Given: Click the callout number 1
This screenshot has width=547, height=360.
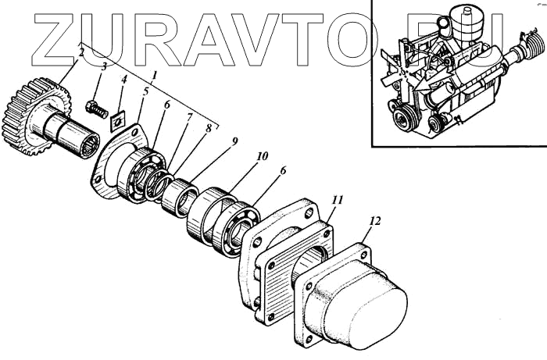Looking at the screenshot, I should pos(154,76).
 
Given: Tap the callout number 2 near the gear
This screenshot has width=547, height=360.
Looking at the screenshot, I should pos(81,53).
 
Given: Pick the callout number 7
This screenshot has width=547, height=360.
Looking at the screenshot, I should pos(188,118).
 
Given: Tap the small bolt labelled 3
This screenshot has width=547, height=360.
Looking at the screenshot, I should pos(95,109).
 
